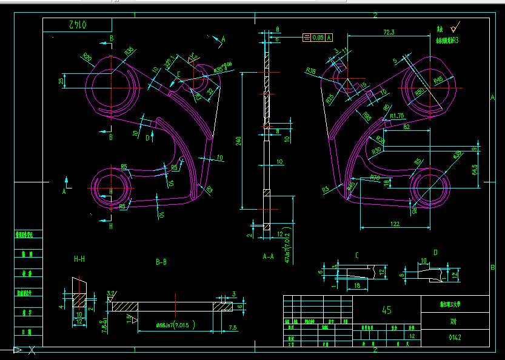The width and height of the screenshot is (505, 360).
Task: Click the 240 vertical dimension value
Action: click(239, 141)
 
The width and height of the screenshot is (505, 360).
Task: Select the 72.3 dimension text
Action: click(389, 32)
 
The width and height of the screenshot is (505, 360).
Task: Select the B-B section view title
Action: click(161, 262)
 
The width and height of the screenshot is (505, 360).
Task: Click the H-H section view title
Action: click(79, 259)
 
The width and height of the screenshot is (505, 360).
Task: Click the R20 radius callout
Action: click(87, 59)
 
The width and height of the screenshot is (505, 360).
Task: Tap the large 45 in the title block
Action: click(386, 310)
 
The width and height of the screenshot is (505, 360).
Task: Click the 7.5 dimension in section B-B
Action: click(233, 328)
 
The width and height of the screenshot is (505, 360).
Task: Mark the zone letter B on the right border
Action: click(493, 267)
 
